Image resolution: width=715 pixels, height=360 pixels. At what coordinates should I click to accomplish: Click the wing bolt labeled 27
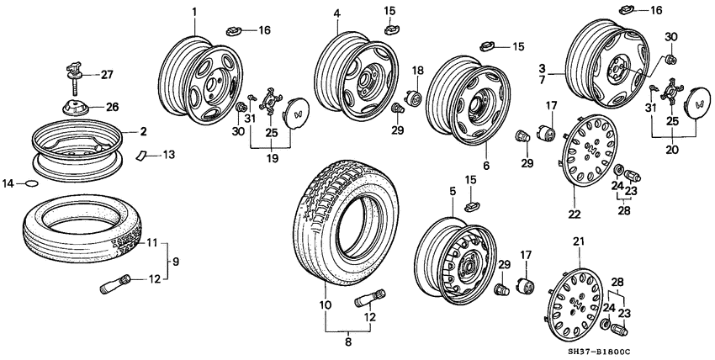coord(72,72)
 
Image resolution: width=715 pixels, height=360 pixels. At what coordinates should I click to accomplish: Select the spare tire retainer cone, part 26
coord(75,109)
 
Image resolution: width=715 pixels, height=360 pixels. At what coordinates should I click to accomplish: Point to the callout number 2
coord(144,132)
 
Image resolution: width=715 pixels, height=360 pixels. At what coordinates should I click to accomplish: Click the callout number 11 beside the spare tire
coord(151,243)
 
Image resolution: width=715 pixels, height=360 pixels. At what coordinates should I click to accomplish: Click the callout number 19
coord(271,157)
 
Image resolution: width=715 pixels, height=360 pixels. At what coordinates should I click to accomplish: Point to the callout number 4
coord(337,13)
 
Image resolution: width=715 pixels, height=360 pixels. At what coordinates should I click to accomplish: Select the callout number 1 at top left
coord(193,12)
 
